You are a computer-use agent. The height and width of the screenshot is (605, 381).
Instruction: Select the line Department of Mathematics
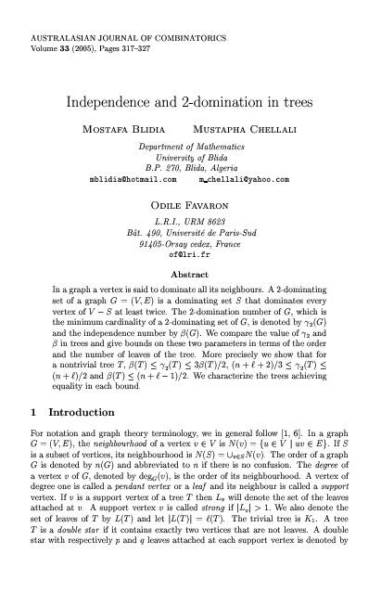[190, 148]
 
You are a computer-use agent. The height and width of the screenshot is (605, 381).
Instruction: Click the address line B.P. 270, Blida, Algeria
[190, 168]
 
